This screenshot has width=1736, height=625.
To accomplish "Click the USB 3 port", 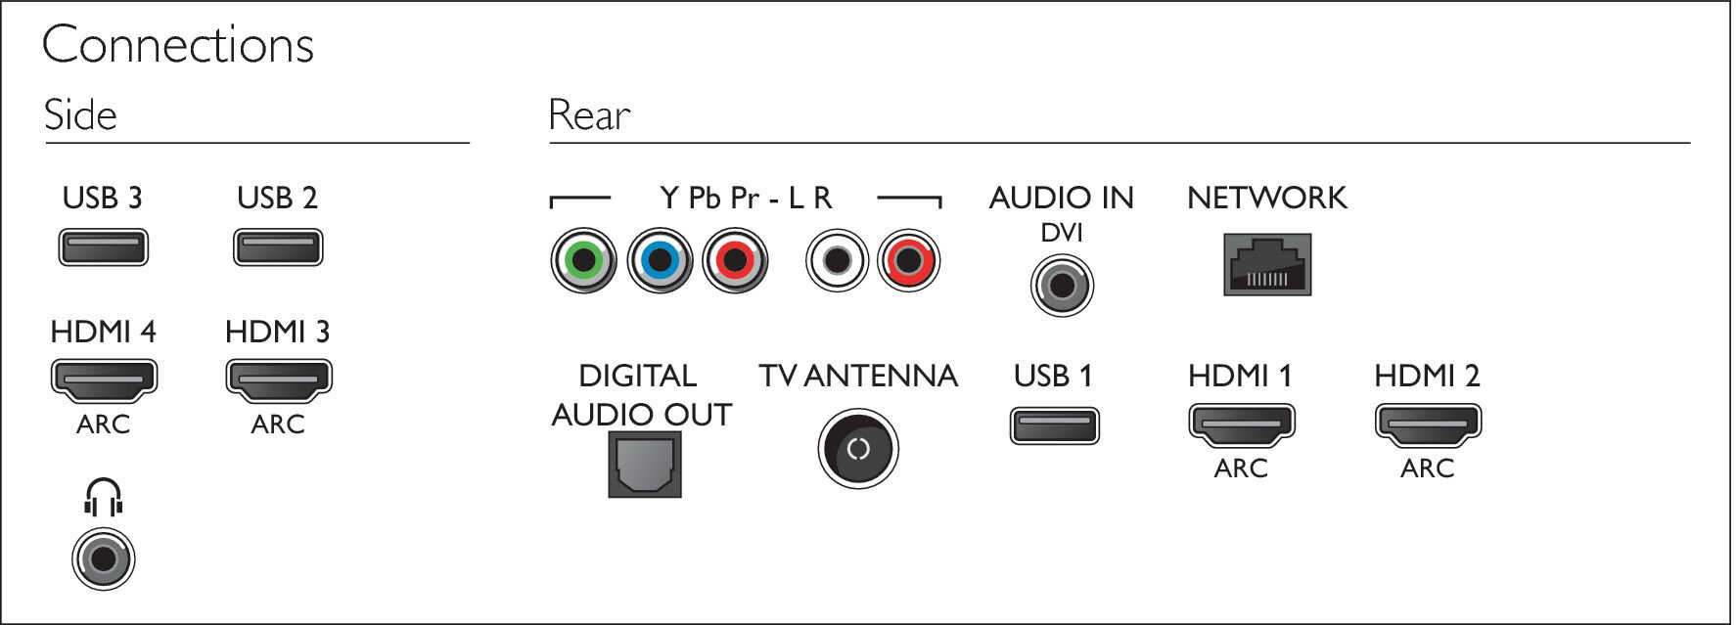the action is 103,247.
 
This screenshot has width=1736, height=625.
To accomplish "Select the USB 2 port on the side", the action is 278,247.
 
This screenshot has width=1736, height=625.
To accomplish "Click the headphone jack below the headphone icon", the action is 103,559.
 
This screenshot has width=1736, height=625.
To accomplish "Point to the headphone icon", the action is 103,498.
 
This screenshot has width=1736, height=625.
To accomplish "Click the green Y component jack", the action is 584,260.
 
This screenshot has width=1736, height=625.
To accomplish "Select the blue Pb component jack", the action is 661,260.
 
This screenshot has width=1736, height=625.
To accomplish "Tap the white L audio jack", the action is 837,260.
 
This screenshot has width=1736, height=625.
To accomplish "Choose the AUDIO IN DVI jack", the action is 1062,286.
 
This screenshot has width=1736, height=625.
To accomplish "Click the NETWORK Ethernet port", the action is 1267,264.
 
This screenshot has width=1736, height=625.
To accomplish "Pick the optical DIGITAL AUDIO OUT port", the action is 645,466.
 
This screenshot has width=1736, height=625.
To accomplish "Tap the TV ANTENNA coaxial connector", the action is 858,449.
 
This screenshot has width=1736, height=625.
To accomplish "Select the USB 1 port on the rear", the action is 1055,426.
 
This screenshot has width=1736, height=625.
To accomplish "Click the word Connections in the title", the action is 178,45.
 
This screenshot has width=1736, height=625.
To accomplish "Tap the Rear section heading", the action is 589,114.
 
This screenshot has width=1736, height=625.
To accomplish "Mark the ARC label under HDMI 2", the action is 1428,469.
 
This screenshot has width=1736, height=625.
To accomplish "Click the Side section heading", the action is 80,114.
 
